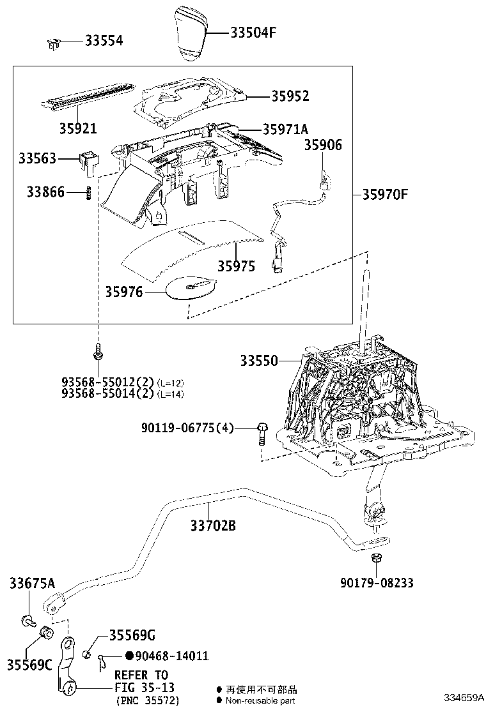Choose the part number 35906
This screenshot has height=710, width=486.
(x=322, y=146)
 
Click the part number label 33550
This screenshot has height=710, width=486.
(x=259, y=361)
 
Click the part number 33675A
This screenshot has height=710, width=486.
(x=32, y=582)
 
